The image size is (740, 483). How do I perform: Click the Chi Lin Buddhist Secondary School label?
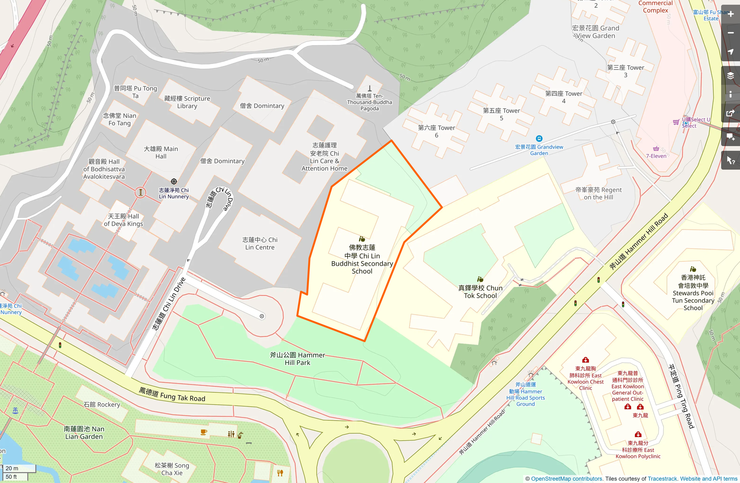362,259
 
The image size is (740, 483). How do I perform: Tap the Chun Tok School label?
480,292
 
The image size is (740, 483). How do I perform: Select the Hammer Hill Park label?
297,359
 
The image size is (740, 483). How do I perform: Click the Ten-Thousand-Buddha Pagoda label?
370,102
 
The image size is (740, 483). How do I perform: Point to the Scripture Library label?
187,102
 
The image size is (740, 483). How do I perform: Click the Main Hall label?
161,152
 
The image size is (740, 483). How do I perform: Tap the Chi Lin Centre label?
260,243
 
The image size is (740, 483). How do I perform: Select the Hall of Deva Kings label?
123,220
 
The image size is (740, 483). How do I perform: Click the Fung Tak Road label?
172,395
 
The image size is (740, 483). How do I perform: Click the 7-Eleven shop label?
656,156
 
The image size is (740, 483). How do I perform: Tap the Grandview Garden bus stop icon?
539,139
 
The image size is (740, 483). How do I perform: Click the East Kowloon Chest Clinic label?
585,378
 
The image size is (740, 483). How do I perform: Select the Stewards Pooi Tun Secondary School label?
693,293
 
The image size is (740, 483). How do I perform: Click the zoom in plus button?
731,14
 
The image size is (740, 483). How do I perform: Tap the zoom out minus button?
731,33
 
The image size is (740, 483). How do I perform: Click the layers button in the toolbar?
731,76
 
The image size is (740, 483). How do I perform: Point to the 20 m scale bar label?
12,468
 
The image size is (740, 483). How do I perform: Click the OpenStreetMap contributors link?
566,479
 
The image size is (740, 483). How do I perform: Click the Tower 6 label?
436,131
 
